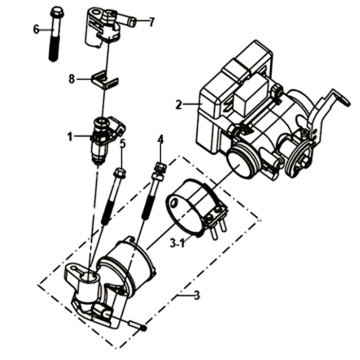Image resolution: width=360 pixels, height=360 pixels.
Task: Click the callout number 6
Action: click(x=36, y=30)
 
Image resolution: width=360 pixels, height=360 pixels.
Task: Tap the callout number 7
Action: click(x=152, y=22)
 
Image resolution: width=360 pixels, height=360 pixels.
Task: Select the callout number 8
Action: click(x=71, y=80)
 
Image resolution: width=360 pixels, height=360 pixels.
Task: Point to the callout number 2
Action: click(x=179, y=105)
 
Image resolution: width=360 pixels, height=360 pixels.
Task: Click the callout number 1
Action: click(x=70, y=136)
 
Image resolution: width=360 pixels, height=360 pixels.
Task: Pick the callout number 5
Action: click(x=123, y=144)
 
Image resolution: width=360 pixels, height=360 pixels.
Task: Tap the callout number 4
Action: click(x=161, y=140)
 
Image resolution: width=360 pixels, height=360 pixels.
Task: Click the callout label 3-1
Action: click(x=177, y=244)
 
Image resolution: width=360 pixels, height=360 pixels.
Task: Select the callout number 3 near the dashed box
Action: click(x=197, y=295)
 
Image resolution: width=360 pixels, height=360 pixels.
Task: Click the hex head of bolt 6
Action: click(x=56, y=12)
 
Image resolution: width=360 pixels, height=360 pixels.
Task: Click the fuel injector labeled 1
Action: click(x=107, y=139)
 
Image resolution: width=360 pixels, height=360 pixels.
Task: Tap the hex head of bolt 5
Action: click(x=119, y=173)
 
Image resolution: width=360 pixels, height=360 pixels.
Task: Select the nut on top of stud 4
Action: click(x=160, y=167)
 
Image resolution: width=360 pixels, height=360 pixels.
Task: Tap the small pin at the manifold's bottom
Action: click(x=138, y=325)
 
